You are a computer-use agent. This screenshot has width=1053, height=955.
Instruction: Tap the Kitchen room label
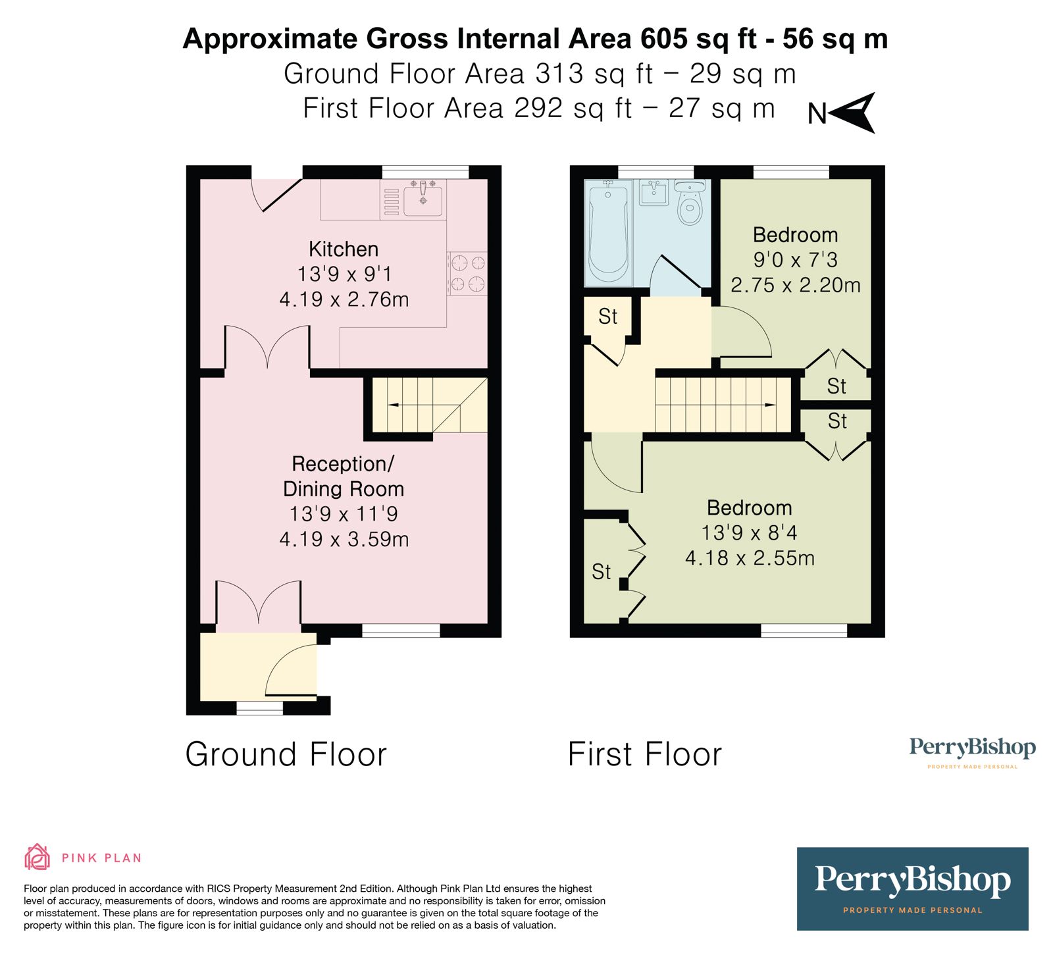(x=344, y=249)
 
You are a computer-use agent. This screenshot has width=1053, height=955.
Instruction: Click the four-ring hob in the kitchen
(x=467, y=274)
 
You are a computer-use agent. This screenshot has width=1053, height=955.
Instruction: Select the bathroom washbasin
(x=654, y=192)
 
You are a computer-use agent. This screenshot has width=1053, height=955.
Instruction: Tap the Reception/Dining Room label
(x=343, y=477)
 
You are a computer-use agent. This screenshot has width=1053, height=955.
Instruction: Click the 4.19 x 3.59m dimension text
(x=344, y=540)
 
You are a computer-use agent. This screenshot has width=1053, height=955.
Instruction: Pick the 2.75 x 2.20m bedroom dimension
(x=796, y=285)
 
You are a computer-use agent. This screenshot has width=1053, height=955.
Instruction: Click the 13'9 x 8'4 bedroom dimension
(x=749, y=532)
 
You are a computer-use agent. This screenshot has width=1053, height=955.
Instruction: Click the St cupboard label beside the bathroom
(x=608, y=317)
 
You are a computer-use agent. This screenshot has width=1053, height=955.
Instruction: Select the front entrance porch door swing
(x=290, y=668)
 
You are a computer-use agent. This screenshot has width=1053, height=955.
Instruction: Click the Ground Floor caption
(x=286, y=754)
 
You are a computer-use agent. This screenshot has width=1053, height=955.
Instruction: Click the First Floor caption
(x=644, y=754)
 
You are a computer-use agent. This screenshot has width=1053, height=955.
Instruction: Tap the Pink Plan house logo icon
(x=37, y=857)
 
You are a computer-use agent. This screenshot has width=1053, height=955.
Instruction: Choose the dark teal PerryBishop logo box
(x=912, y=888)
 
